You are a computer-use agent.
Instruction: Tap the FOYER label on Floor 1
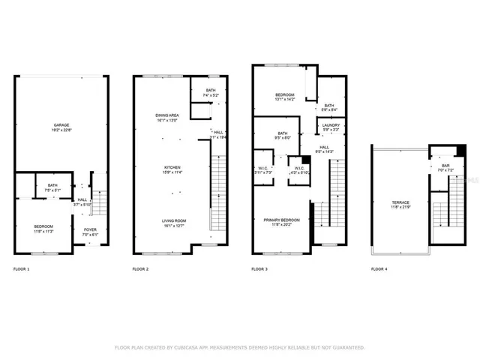(x=90, y=229)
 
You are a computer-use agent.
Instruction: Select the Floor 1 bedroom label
(x=43, y=226)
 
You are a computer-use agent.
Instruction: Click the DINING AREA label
(x=166, y=115)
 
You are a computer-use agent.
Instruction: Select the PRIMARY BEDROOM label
(x=281, y=220)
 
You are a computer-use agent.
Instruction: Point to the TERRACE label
(x=400, y=202)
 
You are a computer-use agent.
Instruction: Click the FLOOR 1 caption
(x=22, y=268)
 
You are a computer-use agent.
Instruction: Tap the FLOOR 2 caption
(x=140, y=268)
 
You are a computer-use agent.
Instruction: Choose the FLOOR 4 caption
(x=379, y=268)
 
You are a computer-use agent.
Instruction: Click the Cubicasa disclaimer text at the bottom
(x=239, y=347)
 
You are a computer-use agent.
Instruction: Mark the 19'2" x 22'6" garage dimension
(x=61, y=129)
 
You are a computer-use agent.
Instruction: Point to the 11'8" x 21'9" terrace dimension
(x=400, y=208)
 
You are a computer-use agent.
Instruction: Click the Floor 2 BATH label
(x=209, y=91)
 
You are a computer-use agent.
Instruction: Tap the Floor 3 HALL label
(x=325, y=147)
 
